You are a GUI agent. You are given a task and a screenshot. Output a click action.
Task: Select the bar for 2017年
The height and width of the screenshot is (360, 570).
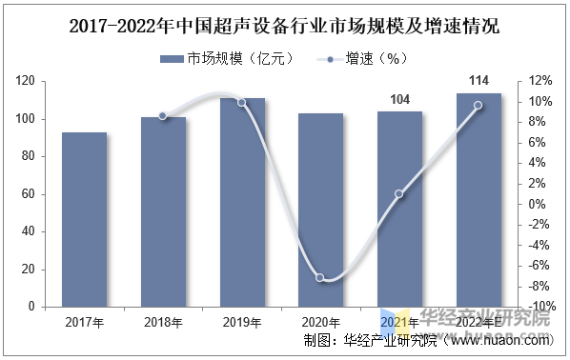tap(85, 219)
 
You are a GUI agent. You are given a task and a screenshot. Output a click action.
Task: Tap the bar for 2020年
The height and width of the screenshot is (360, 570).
tap(320, 210)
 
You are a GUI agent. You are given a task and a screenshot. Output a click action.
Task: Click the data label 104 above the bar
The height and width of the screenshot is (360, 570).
tap(400, 100)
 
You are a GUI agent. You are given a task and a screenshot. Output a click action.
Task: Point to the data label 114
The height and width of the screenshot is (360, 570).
tap(478, 81)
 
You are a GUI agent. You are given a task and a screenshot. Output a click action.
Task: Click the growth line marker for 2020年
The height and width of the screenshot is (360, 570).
tap(320, 278)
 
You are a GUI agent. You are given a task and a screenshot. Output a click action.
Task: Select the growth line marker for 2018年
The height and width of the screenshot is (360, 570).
tap(163, 116)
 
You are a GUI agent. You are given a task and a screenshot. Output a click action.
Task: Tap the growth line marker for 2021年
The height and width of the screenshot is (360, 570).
tap(399, 194)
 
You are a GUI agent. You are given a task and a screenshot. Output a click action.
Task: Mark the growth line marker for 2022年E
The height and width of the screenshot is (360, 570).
tap(478, 106)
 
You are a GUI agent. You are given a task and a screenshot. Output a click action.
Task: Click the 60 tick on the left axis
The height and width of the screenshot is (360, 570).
tap(29, 194)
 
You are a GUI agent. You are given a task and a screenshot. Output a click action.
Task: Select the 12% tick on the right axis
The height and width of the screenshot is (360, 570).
tap(540, 81)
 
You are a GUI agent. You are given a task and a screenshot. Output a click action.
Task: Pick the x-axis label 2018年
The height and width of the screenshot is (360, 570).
tap(163, 323)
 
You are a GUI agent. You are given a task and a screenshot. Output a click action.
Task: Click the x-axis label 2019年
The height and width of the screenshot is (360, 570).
tap(242, 323)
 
